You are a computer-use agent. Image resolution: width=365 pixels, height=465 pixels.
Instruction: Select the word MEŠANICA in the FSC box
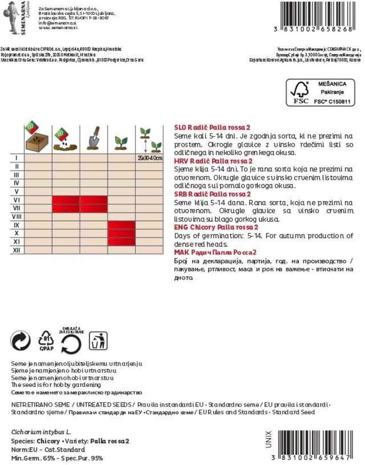tap(332, 84)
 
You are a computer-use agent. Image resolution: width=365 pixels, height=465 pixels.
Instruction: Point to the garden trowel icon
tap(93, 138)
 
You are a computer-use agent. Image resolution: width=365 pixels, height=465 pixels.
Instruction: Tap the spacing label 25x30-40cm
tap(150, 158)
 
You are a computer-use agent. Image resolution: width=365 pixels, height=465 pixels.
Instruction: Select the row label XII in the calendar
tap(16, 250)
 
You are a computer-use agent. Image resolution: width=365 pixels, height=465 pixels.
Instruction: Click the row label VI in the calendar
tap(16, 200)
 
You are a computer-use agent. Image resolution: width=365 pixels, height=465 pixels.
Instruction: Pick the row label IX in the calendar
tap(16, 225)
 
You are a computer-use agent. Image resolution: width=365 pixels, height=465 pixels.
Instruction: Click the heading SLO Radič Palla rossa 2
tap(212, 127)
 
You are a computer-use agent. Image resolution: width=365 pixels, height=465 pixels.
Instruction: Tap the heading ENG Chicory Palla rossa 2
tap(216, 228)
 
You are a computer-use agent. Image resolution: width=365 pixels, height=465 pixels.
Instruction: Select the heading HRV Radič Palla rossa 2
tap(213, 161)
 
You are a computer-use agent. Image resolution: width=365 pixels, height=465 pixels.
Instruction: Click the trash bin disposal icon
tap(98, 341)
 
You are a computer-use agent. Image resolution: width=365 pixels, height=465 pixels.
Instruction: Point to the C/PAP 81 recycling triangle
tap(46, 341)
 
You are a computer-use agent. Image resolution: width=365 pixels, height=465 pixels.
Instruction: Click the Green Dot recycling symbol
tap(21, 341)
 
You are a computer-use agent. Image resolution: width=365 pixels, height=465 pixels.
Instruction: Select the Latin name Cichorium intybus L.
tap(41, 432)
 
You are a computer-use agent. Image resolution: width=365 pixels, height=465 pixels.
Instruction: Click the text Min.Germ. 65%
tap(33, 458)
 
